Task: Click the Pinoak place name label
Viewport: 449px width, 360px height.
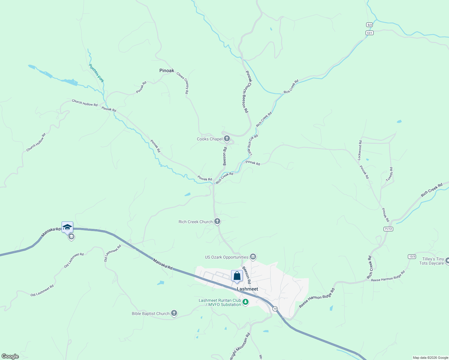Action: (x=167, y=71)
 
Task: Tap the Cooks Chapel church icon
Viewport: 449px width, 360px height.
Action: (x=227, y=139)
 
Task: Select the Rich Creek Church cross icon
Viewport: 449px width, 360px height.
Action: (x=217, y=222)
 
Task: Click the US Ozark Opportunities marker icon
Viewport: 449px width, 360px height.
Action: (x=253, y=257)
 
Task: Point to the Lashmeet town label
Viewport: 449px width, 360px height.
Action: (x=247, y=289)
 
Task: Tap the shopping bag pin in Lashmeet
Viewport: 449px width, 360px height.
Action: (x=237, y=276)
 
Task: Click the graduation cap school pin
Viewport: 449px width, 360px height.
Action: (x=67, y=227)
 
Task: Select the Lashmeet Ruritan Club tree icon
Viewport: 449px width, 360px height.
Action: (x=246, y=302)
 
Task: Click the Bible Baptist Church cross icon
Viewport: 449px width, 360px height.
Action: (x=174, y=313)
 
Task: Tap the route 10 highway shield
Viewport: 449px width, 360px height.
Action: (x=275, y=308)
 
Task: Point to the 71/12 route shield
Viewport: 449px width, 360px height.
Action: (x=388, y=229)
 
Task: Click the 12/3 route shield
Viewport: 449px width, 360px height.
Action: (x=412, y=256)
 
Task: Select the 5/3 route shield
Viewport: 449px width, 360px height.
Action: (x=369, y=25)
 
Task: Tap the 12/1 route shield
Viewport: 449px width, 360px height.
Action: (x=369, y=33)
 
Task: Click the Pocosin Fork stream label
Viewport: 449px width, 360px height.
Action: (x=96, y=73)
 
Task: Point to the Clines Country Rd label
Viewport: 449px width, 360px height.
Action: (x=183, y=83)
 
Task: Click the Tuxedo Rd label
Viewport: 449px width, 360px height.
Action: (x=389, y=174)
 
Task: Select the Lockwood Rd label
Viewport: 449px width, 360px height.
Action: (x=360, y=150)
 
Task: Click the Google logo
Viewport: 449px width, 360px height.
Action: (x=10, y=356)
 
